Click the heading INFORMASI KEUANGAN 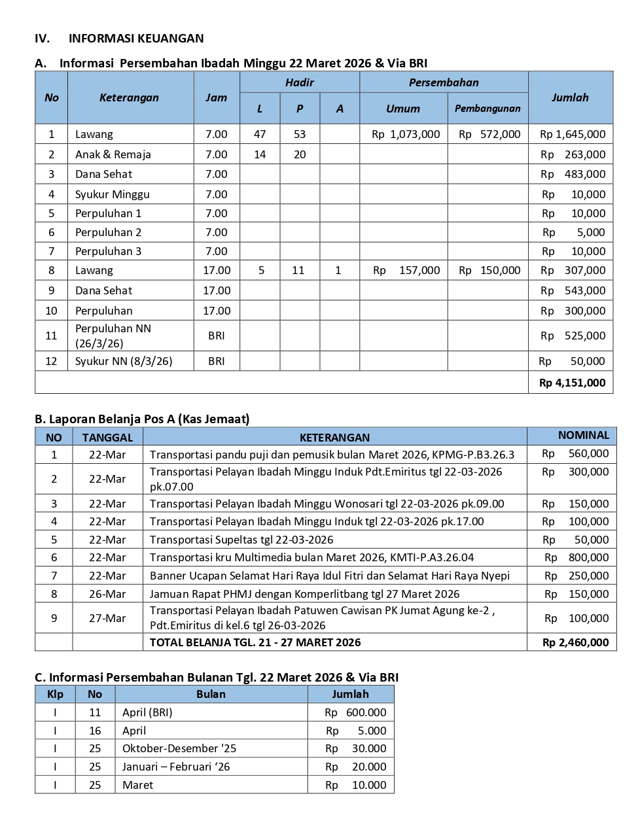point(136,39)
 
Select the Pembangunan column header point(487,109)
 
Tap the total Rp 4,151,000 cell point(572,383)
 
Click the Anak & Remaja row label point(113,154)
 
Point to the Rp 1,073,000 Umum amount point(406,134)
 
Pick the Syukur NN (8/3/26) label point(123,361)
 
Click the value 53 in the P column point(300,134)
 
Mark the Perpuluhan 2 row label point(108,232)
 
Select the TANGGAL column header point(107,438)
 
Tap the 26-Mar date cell point(107,594)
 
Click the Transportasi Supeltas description point(241,540)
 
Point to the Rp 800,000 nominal point(576,557)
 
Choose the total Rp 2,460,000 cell point(575,642)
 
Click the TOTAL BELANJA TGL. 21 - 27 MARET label point(255,642)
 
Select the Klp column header point(55,694)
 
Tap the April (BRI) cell point(147,712)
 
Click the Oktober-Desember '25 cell point(179,748)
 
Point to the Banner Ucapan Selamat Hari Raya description point(329,576)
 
